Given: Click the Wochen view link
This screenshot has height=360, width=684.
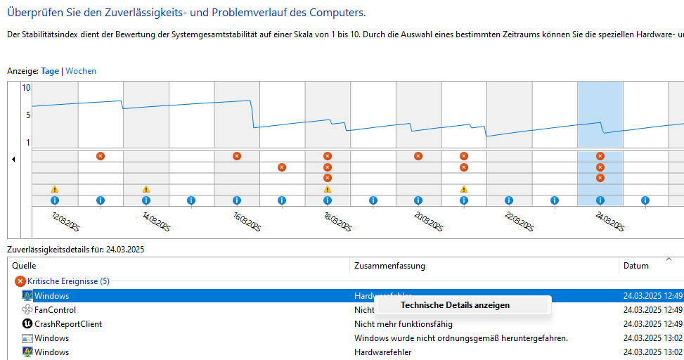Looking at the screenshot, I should click(81, 71).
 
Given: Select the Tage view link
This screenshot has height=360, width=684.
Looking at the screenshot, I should click(50, 71).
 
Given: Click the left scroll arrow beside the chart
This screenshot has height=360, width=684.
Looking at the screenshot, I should click(13, 160).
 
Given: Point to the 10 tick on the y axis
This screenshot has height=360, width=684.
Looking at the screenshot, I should click(26, 89).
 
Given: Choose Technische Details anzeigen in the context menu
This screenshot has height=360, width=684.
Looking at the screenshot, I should click(455, 305).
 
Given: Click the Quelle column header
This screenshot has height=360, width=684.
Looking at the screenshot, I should click(24, 266).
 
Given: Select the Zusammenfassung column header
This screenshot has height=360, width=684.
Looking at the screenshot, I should click(389, 266).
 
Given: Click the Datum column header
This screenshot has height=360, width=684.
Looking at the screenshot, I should click(635, 266).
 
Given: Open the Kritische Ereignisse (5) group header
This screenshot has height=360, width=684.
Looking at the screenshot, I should click(68, 281).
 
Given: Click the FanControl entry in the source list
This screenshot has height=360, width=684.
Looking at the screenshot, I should click(55, 310).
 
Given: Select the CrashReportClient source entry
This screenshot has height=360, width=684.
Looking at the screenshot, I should click(68, 324).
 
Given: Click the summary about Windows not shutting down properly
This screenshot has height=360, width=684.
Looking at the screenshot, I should click(460, 338).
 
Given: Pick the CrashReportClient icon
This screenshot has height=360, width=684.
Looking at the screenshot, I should click(27, 324).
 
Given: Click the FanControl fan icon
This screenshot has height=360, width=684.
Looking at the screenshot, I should click(27, 310).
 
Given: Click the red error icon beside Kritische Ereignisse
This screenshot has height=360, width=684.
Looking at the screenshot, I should click(20, 281).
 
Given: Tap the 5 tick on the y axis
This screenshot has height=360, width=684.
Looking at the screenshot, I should click(28, 115).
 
